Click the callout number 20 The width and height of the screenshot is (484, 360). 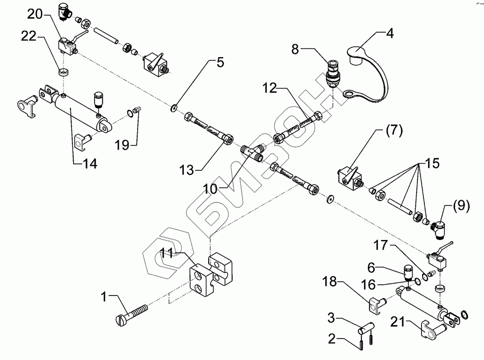[35, 14]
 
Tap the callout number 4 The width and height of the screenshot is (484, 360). [390, 33]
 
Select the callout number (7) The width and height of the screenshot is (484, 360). [395, 131]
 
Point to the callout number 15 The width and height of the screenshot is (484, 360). [432, 164]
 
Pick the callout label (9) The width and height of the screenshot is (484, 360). [461, 206]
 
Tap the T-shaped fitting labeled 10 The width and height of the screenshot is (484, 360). [252, 153]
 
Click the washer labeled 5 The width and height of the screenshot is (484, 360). [174, 108]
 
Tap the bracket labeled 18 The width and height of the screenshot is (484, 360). [376, 305]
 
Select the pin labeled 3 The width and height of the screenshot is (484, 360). [366, 328]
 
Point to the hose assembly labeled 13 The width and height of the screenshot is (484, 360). [209, 129]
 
